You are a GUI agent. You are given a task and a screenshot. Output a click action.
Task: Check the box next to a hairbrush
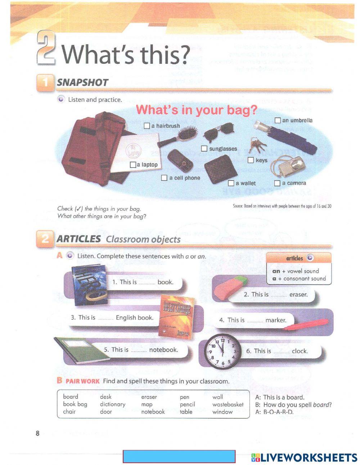pyautogui.click(x=147, y=126)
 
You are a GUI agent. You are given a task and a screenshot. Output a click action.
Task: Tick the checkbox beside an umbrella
pyautogui.click(x=278, y=120)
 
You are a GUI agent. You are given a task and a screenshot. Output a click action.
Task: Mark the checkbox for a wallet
pyautogui.click(x=231, y=183)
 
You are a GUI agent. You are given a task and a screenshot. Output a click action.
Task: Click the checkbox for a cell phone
pyautogui.click(x=164, y=178)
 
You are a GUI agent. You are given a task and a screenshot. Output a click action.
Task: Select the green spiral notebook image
pyautogui.click(x=78, y=348)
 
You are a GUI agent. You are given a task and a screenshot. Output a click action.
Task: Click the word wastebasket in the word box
pyautogui.click(x=228, y=404)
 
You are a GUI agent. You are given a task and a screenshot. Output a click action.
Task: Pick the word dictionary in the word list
pyautogui.click(x=113, y=404)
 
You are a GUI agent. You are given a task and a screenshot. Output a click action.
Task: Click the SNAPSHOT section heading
pyautogui.click(x=82, y=82)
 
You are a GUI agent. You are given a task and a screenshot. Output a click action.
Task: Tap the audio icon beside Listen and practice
pyautogui.click(x=60, y=99)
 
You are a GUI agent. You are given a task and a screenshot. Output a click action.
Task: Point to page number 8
pyautogui.click(x=37, y=433)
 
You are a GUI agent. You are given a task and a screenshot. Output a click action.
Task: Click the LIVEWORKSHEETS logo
pyautogui.click(x=304, y=457)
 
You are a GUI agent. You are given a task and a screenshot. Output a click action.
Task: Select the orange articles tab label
pyautogui.click(x=295, y=258)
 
